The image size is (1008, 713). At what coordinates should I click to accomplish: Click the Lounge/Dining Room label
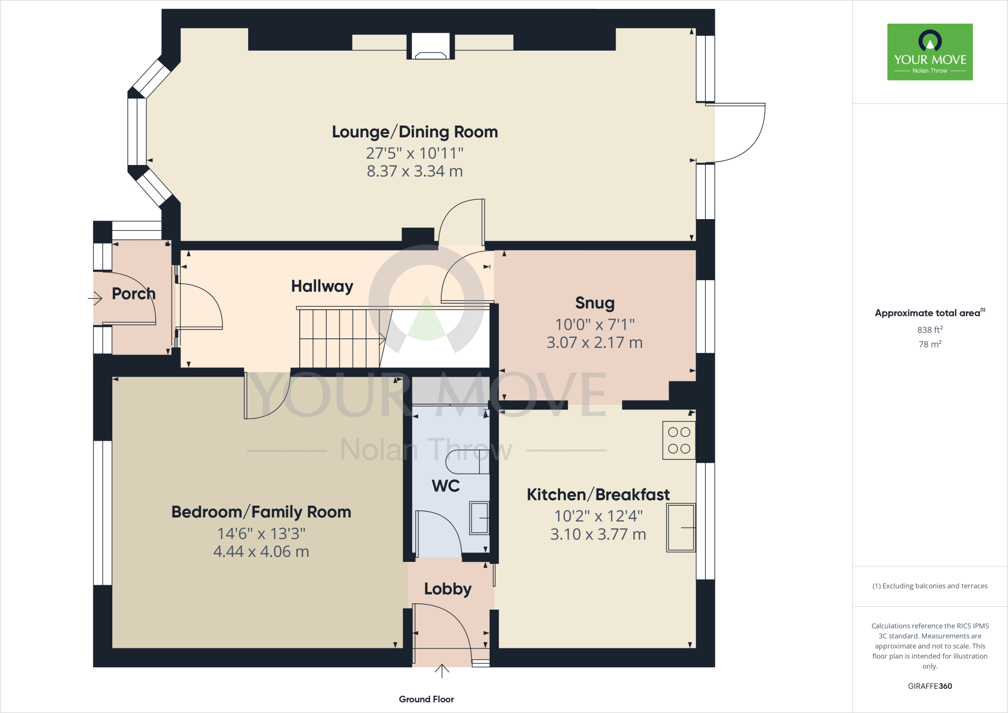(414, 132)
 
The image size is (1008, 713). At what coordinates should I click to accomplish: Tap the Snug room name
(595, 303)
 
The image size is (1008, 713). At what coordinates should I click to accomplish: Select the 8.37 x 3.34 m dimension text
(414, 171)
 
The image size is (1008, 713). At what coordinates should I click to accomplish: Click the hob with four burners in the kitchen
(679, 440)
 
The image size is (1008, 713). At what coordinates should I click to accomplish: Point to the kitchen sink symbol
(681, 528)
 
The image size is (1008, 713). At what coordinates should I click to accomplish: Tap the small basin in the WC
(479, 518)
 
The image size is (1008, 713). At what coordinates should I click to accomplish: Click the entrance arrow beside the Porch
(95, 298)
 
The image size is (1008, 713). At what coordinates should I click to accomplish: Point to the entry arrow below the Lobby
(442, 671)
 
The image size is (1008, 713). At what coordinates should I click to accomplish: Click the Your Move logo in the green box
(930, 52)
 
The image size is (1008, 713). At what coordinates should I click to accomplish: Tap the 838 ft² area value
(930, 330)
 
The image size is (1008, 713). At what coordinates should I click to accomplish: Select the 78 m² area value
(930, 344)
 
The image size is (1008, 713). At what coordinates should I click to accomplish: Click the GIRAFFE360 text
(930, 686)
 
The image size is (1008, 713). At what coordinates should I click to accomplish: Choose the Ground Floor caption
(426, 699)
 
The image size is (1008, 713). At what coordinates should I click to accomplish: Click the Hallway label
(322, 286)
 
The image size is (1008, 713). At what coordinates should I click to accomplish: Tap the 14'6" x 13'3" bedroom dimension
(261, 534)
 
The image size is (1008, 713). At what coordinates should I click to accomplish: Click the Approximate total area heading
(928, 313)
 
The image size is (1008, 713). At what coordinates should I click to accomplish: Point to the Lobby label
(447, 589)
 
